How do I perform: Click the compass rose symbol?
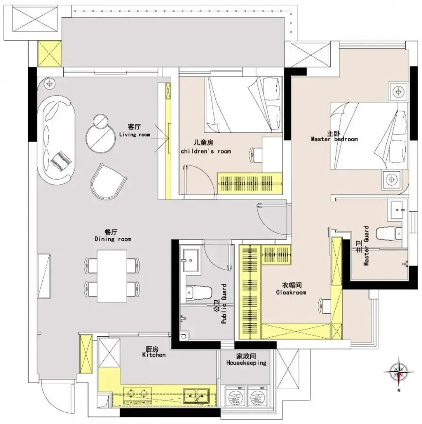tap(399, 372)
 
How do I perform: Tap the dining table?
tap(112, 276)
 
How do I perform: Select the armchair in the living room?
tap(108, 182)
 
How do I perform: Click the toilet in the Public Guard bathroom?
tap(199, 292)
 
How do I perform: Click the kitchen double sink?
tap(196, 396)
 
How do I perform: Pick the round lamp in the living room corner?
tap(50, 84)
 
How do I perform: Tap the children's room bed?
tap(243, 105)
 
